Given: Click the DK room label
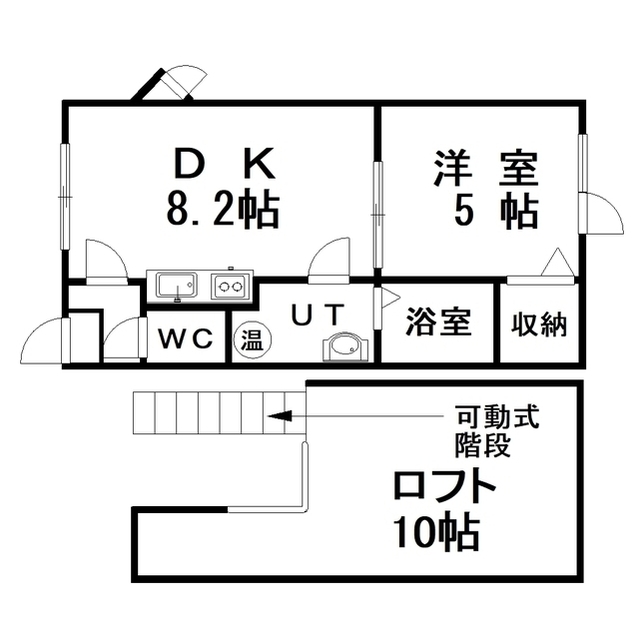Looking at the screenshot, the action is pyautogui.click(x=224, y=164).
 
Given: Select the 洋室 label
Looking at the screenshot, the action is pyautogui.click(x=486, y=168).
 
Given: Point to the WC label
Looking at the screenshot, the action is pyautogui.click(x=186, y=338).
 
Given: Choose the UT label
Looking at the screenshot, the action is pyautogui.click(x=317, y=315).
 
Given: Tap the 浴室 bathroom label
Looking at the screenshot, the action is pyautogui.click(x=439, y=322).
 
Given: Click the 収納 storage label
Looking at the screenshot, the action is pyautogui.click(x=539, y=325).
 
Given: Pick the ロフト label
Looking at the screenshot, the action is pyautogui.click(x=444, y=486).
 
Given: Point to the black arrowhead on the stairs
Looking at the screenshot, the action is pyautogui.click(x=280, y=416).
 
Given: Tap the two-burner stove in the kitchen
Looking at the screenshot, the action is pyautogui.click(x=229, y=286).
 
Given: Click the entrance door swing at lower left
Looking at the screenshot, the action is pyautogui.click(x=45, y=340).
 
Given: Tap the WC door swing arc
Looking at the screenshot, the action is pyautogui.click(x=124, y=340).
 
